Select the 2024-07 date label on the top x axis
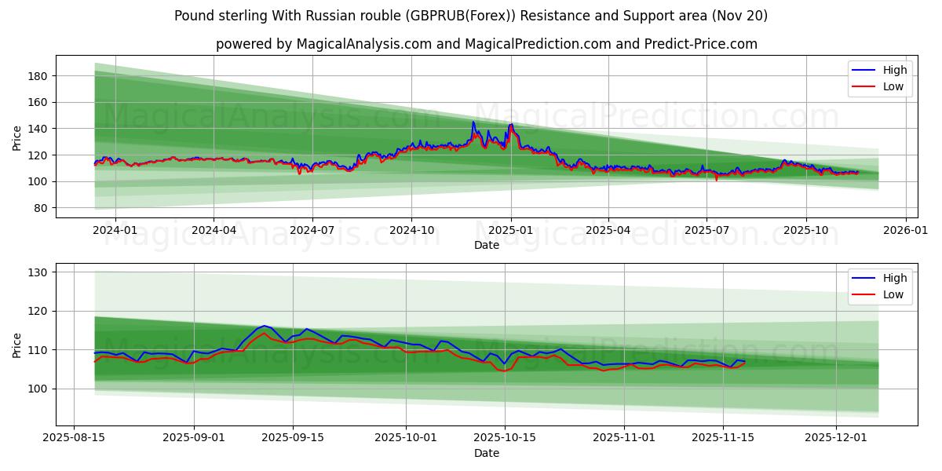pos(312,230)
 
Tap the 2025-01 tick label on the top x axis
pos(510,230)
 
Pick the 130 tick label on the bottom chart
pos(39,272)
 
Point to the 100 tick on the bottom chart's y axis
pos(39,389)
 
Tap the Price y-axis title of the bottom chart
pos(17,345)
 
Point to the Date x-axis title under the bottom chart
pos(487,453)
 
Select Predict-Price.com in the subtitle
pos(701,44)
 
